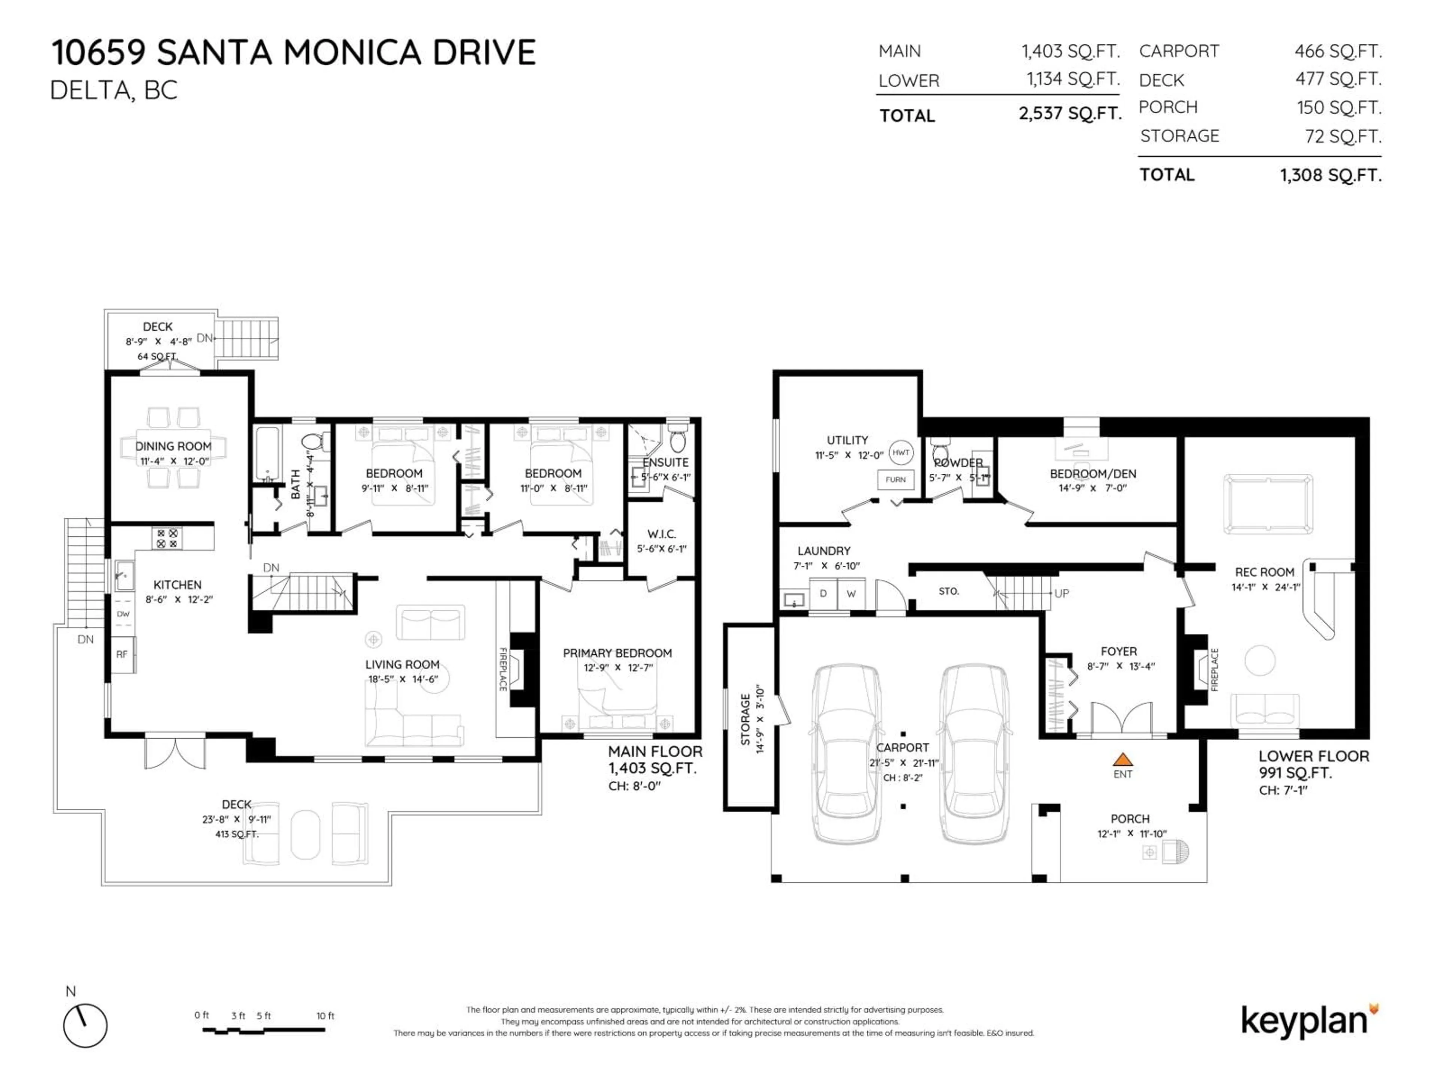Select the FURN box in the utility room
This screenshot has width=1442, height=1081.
pos(895,480)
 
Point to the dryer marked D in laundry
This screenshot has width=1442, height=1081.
pos(824,593)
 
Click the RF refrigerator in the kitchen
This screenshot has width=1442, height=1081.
pos(122,654)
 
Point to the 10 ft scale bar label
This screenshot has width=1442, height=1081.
pos(325,1016)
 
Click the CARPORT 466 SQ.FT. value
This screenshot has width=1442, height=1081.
pos(1338,51)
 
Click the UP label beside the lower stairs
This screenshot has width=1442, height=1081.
pos(1061,593)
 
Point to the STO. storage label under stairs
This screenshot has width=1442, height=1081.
pos(949,591)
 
